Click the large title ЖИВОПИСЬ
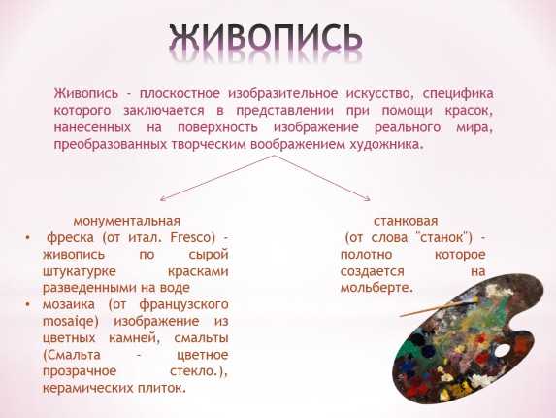pos(266,37)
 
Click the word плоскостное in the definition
pos(180,94)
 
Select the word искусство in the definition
pos(379,94)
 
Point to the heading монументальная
pos(126,221)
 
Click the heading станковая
pos(406,221)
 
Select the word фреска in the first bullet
pos(70,237)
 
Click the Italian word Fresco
pos(193,237)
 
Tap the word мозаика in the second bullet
pos(69,304)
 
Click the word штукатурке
pos(79,271)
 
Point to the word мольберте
pos(376,288)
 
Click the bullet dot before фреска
pos(28,237)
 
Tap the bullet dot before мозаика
pos(28,304)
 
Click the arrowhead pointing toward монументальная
pos(162,199)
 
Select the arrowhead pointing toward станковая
pos(368,199)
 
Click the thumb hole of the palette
pos(502,351)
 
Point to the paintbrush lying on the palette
pos(439,308)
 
